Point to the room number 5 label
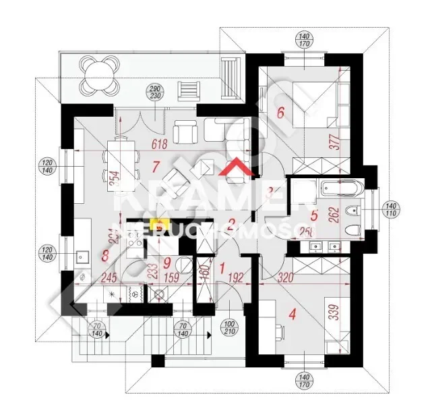(314, 217)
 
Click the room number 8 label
(104, 255)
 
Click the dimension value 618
(159, 144)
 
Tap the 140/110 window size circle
(391, 209)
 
